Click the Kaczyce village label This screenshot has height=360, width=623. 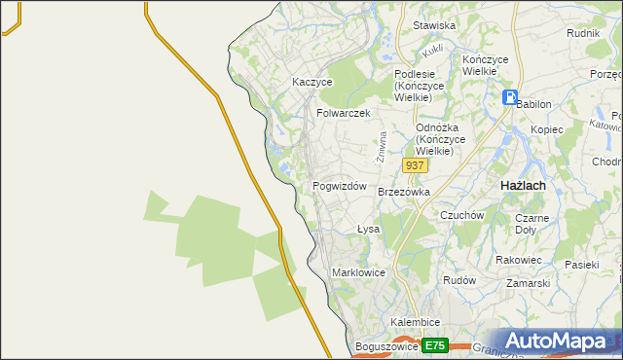coord(312,83)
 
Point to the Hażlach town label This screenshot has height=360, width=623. coord(522,185)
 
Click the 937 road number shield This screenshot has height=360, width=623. coord(415,165)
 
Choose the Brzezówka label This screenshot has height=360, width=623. coord(404,193)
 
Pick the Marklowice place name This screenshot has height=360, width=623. coord(360,272)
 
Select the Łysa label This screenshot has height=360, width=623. coord(367,230)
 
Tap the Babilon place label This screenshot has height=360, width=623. coord(533,104)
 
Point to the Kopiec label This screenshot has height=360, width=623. coord(547,129)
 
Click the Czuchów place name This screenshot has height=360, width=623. coord(462,215)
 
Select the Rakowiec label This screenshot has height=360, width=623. coord(519,260)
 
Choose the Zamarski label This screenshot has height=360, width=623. coord(528,283)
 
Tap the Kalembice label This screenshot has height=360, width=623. coord(416,322)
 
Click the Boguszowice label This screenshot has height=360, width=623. coord(387,346)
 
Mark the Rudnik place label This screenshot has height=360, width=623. coord(582,33)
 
